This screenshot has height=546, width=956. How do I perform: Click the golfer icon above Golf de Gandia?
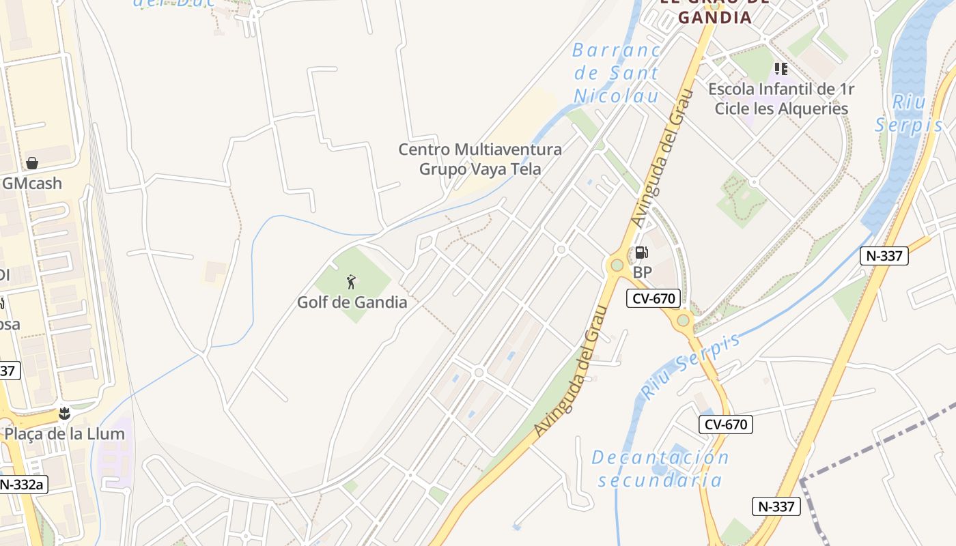351,281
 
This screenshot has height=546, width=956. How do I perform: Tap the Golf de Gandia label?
352,302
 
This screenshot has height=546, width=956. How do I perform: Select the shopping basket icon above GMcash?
31,163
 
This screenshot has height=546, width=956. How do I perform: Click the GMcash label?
32,183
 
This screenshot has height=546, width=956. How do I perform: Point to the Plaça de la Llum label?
64,433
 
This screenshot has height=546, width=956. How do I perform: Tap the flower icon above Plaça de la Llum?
65,413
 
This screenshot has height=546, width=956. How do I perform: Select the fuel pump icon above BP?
641,253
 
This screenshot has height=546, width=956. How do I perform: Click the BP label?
643,272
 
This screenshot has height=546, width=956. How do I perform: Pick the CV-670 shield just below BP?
653,298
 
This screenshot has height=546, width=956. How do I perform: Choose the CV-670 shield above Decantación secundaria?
725,424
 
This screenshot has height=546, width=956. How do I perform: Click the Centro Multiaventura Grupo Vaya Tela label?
480,159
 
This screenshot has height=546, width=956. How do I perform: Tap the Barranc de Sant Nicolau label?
617,72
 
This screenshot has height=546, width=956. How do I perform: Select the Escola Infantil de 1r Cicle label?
781,98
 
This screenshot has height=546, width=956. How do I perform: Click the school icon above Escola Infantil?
781,69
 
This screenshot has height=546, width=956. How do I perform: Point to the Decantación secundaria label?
660,468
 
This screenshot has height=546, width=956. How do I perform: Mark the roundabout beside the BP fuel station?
617,265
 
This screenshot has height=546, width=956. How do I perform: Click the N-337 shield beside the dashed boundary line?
776,506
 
